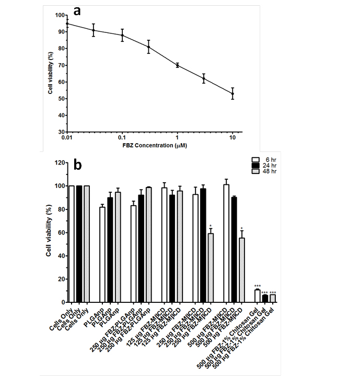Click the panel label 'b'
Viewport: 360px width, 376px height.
pyautogui.click(x=78, y=165)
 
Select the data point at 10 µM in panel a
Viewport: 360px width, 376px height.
pyautogui.click(x=233, y=94)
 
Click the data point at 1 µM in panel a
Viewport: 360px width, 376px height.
pyautogui.click(x=178, y=65)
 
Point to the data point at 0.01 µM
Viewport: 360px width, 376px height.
pyautogui.click(x=67, y=23)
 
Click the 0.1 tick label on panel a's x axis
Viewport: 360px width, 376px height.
pyautogui.click(x=122, y=138)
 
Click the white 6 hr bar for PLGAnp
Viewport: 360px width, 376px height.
pyautogui.click(x=102, y=254)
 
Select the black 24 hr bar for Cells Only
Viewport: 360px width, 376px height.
pyautogui.click(x=79, y=244)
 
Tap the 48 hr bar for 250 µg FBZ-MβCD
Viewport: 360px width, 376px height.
pyautogui.click(x=210, y=268)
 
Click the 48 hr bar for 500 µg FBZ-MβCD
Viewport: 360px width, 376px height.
pyautogui.click(x=241, y=270)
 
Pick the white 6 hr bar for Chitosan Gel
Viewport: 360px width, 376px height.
pyautogui.click(x=257, y=296)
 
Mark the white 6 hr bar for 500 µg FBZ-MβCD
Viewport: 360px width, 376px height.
pyautogui.click(x=226, y=243)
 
